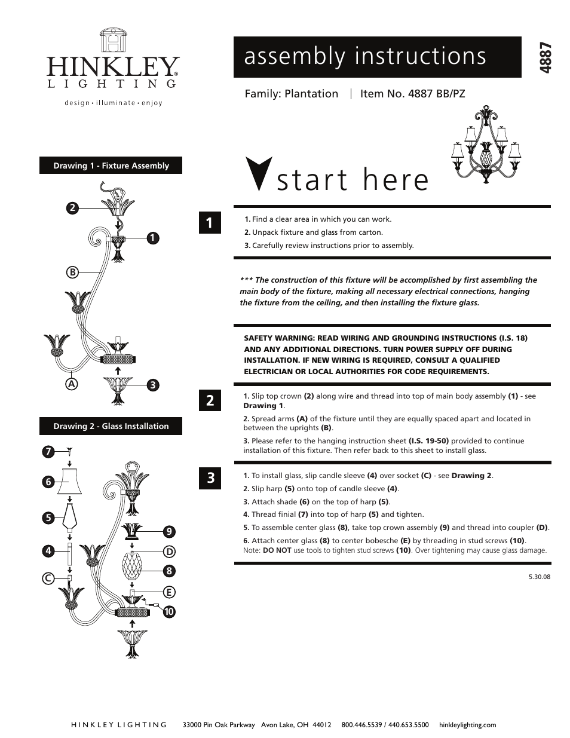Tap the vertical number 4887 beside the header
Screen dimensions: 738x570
point(544,57)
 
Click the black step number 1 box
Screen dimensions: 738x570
point(210,223)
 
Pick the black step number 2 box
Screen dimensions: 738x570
point(210,400)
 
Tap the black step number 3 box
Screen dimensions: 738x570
point(210,478)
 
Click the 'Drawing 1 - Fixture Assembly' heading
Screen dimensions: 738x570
point(111,166)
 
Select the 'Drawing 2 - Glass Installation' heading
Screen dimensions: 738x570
point(111,426)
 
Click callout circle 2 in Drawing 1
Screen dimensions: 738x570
point(72,208)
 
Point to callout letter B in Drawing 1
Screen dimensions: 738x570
point(72,272)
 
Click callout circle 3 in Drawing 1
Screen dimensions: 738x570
point(153,385)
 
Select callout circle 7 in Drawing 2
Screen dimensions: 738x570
point(48,452)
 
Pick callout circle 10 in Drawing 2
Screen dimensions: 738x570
point(169,611)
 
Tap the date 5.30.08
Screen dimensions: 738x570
point(539,577)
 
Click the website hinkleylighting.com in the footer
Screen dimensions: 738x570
point(467,725)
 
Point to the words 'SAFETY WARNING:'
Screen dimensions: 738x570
point(278,338)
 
